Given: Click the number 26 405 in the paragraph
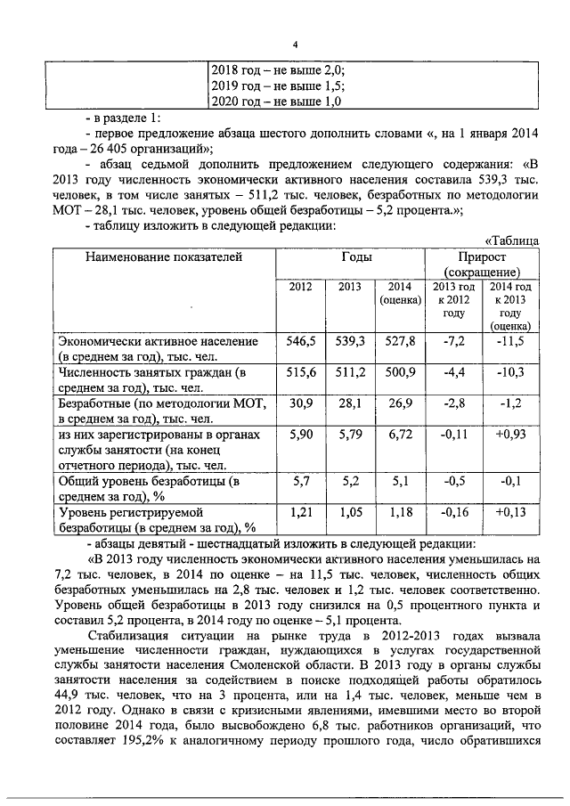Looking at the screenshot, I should [x=112, y=148].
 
